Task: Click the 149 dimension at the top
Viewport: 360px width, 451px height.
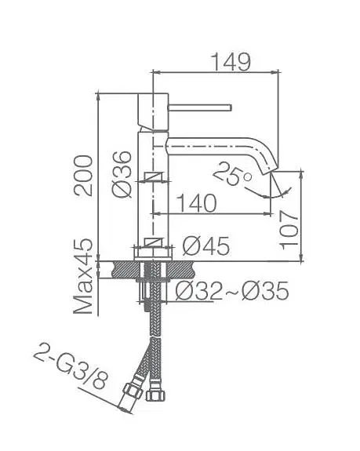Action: (x=231, y=62)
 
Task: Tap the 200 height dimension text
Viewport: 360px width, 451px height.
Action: (x=83, y=176)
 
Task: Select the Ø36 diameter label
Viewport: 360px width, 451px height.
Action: (x=122, y=174)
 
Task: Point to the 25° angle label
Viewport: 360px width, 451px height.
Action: (x=233, y=174)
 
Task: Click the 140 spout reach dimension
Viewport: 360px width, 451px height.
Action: (x=196, y=203)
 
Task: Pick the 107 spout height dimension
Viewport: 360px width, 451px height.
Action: (x=289, y=230)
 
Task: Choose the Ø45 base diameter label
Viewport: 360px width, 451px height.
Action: (x=206, y=246)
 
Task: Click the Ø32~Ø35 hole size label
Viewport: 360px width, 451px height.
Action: (x=232, y=290)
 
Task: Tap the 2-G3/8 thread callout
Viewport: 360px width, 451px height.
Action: (x=71, y=366)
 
